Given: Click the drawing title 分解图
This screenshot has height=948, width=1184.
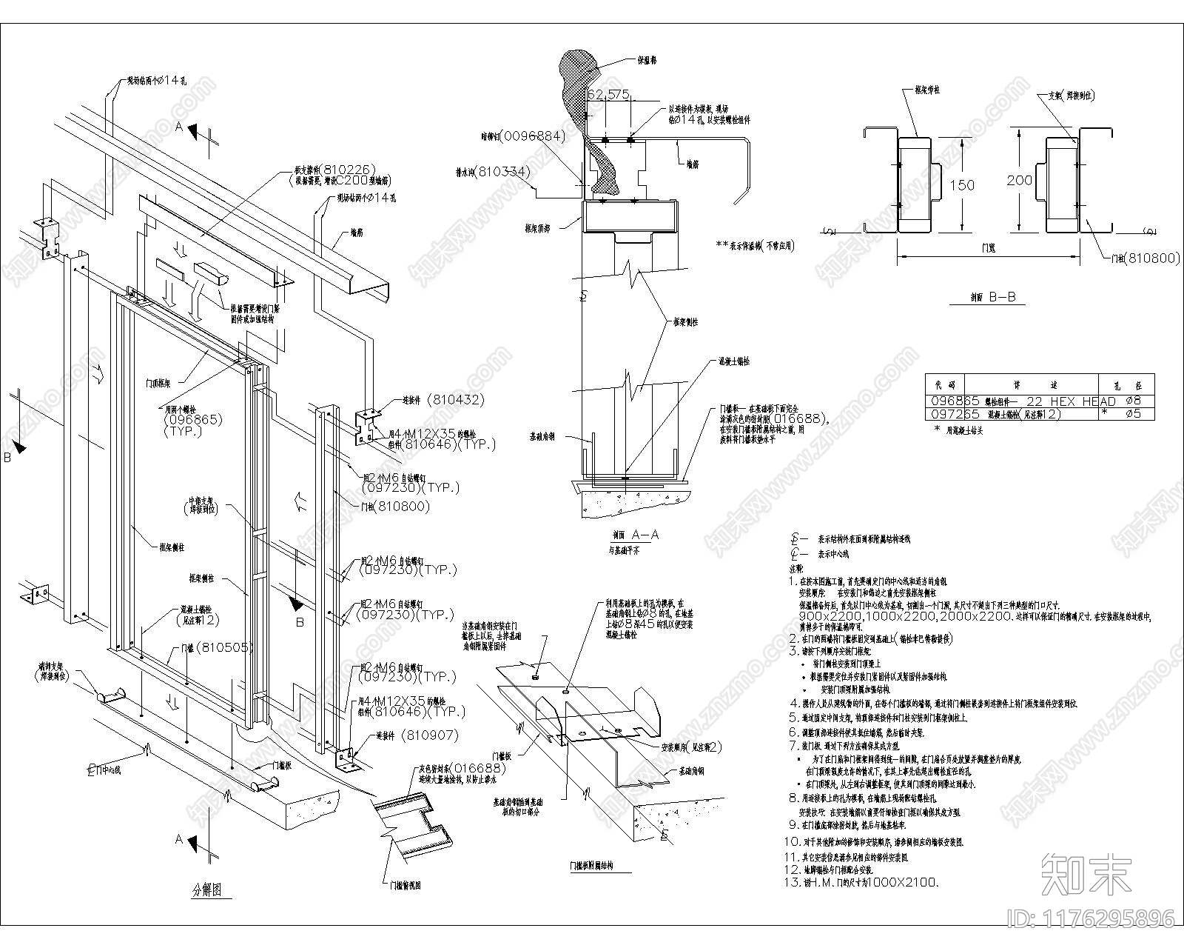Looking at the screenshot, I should pos(206,890).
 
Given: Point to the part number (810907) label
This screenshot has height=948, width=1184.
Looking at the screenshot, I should pos(430,735).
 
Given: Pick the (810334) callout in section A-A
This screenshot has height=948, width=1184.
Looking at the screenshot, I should pos(502,172).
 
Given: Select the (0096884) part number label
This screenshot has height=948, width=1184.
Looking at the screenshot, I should pos(532,136).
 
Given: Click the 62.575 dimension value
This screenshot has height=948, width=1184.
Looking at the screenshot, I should pos(608,94).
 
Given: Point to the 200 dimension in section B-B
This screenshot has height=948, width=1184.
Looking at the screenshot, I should pos(1020,180).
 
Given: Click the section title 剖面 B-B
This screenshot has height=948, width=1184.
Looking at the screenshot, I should pos(992,298).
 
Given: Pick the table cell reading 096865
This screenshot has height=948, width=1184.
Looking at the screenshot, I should pos(954,401).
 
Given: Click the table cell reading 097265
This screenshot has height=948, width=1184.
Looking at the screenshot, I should pos(954,414).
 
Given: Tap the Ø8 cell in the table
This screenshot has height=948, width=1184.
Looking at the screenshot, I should pos(1132,401).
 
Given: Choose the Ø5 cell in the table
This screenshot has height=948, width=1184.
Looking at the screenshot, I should pos(1132,414).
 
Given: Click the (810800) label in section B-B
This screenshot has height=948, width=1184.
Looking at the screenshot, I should pos(1150,258).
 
